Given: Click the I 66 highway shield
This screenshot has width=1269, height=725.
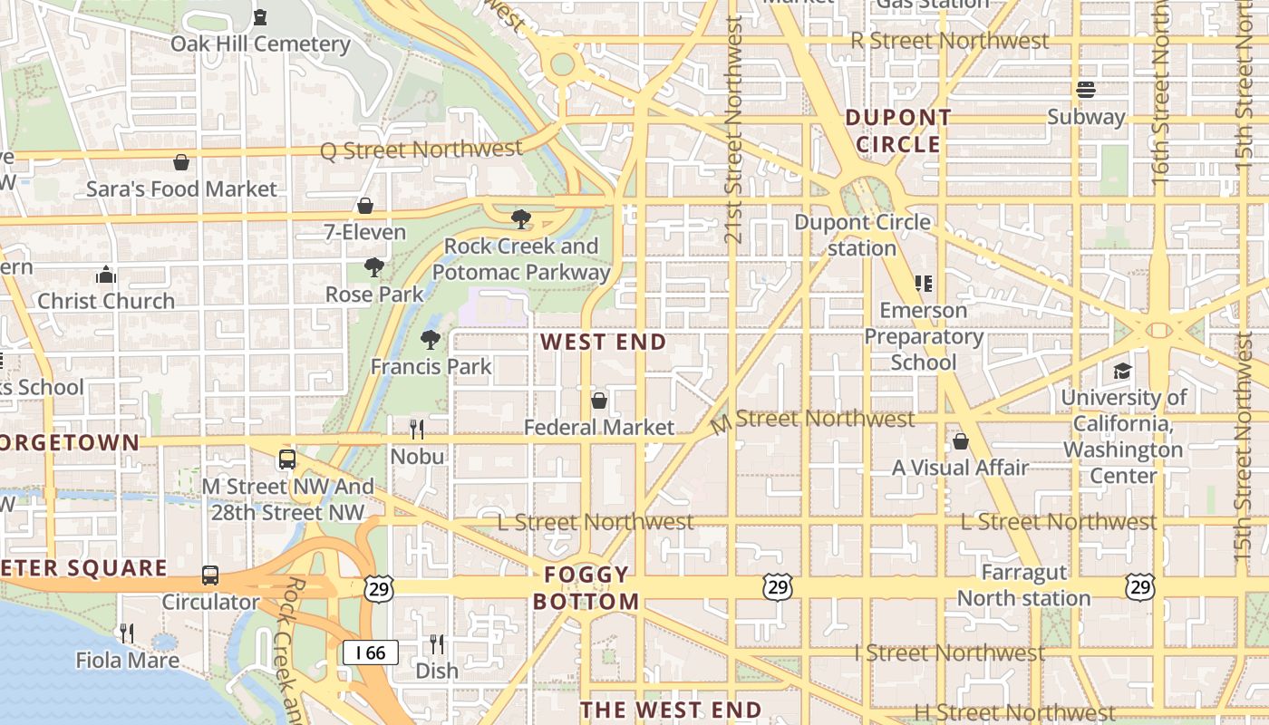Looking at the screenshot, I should (x=371, y=652).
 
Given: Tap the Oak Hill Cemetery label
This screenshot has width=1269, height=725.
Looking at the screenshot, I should (x=260, y=43).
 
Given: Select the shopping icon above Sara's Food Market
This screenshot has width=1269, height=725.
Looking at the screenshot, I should (x=181, y=162).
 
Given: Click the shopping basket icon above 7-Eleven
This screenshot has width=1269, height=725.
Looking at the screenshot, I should (x=365, y=206).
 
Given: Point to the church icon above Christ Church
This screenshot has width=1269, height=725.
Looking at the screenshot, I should (x=106, y=275).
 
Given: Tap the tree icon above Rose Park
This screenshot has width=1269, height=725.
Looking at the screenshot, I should (x=373, y=267).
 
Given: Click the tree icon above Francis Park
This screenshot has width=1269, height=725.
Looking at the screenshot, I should (x=431, y=340).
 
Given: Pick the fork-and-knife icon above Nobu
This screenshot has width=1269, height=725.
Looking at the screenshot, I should (x=417, y=429).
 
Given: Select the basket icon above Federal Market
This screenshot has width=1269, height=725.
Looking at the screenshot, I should (x=599, y=400).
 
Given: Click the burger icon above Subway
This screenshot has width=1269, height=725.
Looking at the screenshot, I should (x=1086, y=90).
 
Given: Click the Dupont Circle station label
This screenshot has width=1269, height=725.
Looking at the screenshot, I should (x=862, y=235).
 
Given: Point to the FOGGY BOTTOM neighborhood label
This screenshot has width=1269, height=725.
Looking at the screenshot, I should (x=586, y=587).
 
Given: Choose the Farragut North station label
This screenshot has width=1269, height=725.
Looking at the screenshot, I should (x=1023, y=585).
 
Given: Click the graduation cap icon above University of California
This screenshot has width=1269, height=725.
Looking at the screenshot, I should (x=1123, y=371).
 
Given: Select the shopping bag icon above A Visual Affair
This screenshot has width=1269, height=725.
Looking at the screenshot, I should (x=961, y=441).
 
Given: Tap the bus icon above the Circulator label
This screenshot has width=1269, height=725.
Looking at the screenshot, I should (x=210, y=575).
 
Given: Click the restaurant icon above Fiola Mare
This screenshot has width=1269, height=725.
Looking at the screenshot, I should (x=127, y=633).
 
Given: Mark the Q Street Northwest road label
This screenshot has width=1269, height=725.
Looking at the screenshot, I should (x=421, y=150).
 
